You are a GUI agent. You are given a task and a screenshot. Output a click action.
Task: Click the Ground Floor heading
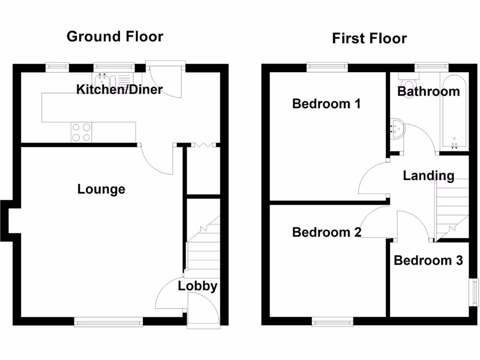click(115, 37)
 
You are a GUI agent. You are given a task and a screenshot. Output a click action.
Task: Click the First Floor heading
click(369, 38)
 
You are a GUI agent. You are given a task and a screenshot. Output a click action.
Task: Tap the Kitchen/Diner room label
click(120, 89)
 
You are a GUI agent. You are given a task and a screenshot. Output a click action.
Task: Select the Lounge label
click(101, 189)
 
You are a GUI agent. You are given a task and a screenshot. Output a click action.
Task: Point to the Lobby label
click(197, 286)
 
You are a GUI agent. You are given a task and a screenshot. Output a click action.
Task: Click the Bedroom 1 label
click(326, 104)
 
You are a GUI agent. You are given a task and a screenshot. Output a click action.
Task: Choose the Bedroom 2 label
click(326, 232)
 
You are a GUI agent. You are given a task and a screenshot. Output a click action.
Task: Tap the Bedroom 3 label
click(428, 260)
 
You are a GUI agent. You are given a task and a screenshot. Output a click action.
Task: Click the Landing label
click(428, 176)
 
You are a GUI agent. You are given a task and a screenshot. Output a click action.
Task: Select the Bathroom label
click(428, 91)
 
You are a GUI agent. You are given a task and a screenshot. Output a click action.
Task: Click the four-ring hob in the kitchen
click(81, 132)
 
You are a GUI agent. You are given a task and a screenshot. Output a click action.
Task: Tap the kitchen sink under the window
click(105, 80)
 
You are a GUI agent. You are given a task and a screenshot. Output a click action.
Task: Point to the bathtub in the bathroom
click(454, 112)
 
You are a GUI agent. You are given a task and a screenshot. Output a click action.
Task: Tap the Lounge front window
click(108, 322)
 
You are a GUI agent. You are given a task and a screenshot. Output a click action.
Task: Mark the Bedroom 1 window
click(327, 67)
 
